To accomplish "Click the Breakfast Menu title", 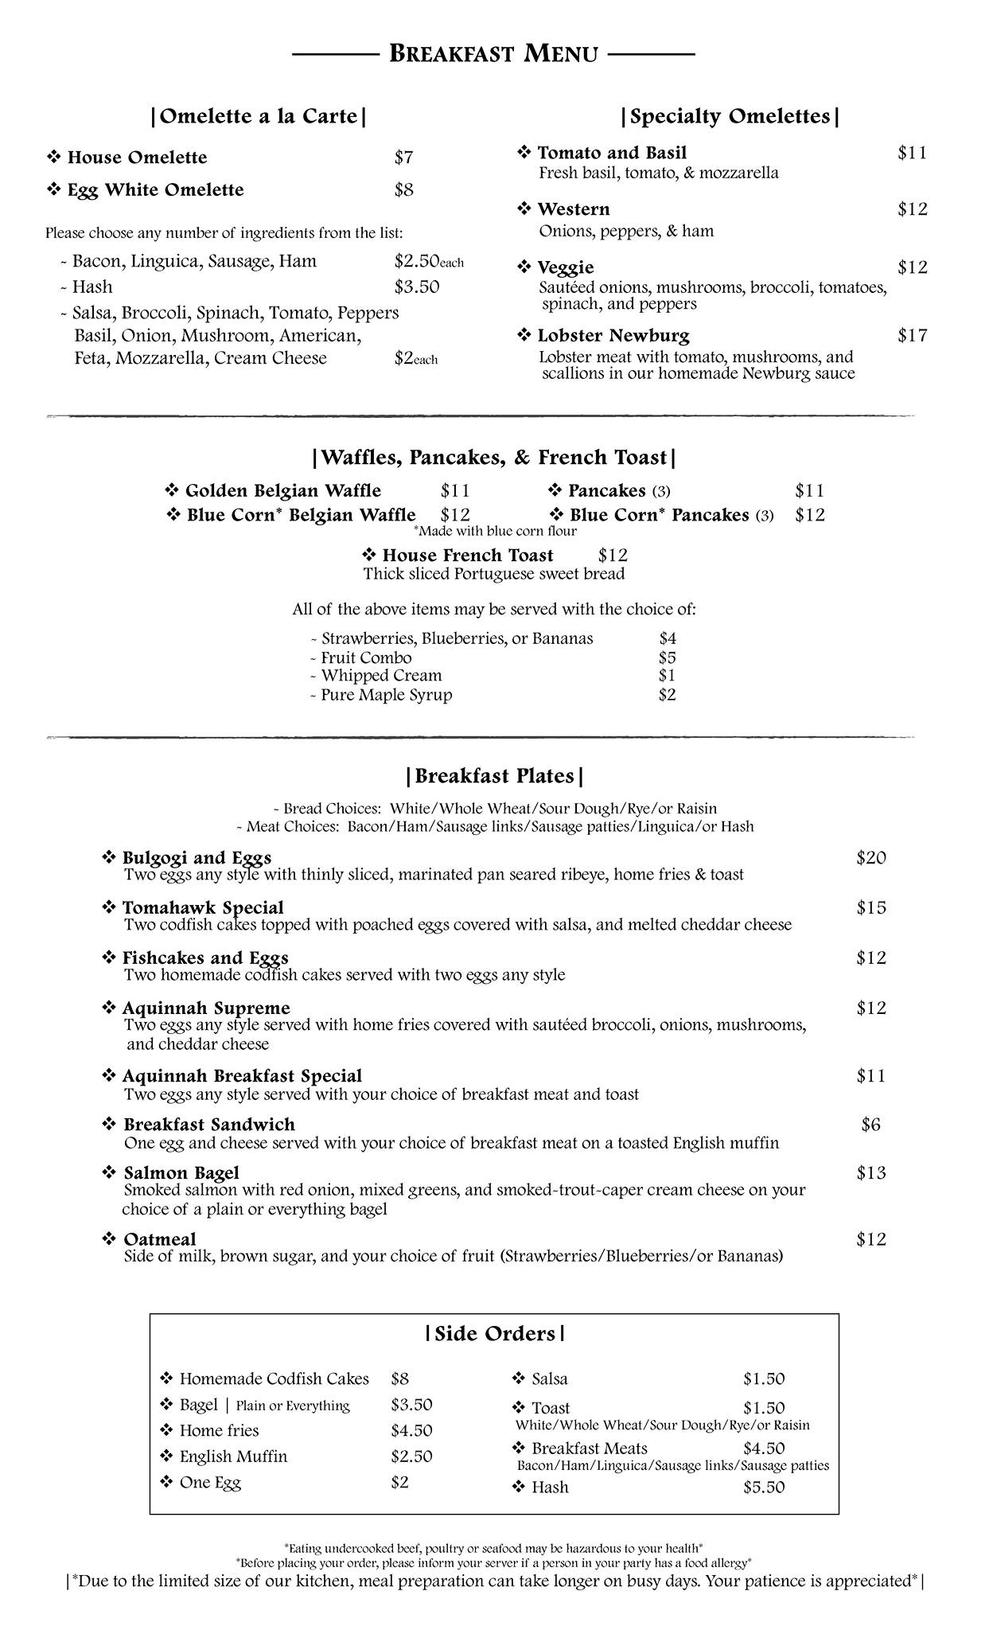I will [x=493, y=54].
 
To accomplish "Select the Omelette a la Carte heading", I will [x=259, y=116].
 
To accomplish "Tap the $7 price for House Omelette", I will [x=403, y=158].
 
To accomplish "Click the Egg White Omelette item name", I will [x=155, y=190].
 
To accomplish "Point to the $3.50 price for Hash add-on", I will [x=416, y=287].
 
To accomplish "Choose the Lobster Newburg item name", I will [x=613, y=336].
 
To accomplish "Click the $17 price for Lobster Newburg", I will [x=913, y=336].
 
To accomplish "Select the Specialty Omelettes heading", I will [x=730, y=116].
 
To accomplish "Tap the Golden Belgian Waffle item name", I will [x=282, y=491].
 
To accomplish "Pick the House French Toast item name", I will [x=467, y=556].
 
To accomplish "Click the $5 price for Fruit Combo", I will [x=667, y=657].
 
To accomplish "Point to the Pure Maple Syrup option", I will [x=386, y=695].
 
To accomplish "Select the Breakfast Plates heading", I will [x=494, y=776].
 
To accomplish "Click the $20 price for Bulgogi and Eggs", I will [x=871, y=858].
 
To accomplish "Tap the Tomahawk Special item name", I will [x=202, y=908].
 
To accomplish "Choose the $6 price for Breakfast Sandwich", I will [x=871, y=1125].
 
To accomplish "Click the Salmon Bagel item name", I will [x=181, y=1173].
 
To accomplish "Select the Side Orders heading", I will [x=495, y=1334].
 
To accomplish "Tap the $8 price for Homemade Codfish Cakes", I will [x=399, y=1378].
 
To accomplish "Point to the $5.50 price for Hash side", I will [x=764, y=1487].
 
